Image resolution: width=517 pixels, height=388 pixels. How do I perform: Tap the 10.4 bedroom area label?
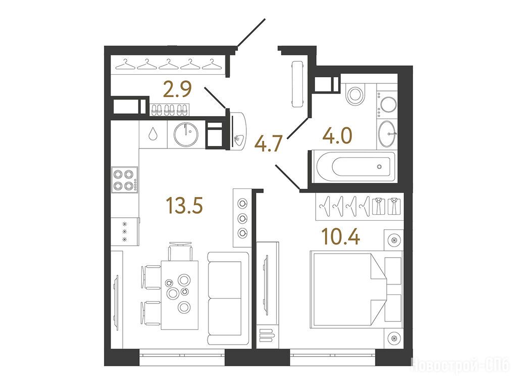coord(341,236)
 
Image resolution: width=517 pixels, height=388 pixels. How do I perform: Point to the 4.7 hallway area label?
coord(269,144)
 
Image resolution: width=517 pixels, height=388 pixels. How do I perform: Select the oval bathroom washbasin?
coord(387,134)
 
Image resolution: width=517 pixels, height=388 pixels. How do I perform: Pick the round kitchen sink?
coord(187,134)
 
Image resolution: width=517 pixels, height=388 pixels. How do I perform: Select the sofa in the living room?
coord(229,299)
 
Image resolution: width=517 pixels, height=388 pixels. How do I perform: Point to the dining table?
coord(180,295)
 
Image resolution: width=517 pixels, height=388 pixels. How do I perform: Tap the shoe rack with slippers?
coord(170,110)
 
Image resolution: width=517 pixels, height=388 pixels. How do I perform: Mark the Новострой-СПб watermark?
coord(462,365)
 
